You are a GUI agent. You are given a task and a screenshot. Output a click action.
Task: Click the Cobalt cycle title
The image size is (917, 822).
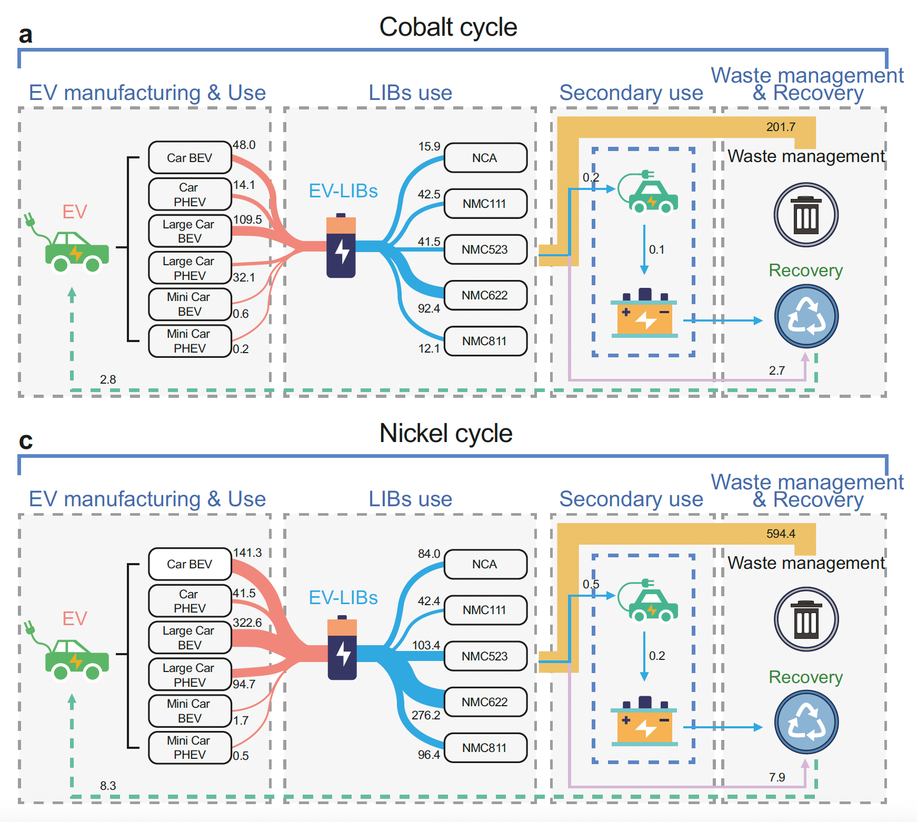coord(448,27)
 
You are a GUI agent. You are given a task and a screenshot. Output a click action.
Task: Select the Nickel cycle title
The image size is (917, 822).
coord(446,434)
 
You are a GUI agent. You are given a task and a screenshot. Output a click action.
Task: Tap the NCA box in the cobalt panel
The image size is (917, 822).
coord(485,158)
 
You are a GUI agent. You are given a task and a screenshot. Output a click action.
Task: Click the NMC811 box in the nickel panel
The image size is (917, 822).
coord(485,748)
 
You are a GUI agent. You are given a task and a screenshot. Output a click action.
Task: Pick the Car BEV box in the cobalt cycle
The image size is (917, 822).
coord(190,158)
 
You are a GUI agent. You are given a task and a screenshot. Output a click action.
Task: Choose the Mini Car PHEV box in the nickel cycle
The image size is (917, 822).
coord(190,748)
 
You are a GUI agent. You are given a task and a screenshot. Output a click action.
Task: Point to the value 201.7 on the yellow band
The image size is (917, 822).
coord(781,127)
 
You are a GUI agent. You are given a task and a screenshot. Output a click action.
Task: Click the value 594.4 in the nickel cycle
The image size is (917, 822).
coord(781,534)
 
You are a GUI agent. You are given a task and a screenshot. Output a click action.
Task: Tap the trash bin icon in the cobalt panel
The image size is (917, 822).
coord(806,215)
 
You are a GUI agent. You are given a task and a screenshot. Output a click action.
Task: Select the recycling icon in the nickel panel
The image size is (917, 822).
coord(806,723)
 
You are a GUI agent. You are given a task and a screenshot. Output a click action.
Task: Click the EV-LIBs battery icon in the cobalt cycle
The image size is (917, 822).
coord(341,246)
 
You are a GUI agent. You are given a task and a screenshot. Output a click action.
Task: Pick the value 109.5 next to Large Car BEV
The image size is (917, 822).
coord(247,219)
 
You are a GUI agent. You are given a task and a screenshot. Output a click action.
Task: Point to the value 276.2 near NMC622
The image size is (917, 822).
coord(426,716)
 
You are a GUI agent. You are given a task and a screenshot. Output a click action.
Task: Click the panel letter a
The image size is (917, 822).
coord(25,35)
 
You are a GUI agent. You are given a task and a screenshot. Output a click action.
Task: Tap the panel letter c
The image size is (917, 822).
coord(25,441)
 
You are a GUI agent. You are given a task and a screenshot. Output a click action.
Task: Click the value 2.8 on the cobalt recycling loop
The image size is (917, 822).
coord(108,379)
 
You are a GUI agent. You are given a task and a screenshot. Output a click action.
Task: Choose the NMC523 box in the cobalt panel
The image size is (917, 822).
coord(485,249)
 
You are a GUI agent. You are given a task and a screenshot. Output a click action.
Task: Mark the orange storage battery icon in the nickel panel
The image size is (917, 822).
coord(644,722)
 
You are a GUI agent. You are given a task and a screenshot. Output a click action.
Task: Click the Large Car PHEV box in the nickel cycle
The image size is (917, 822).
coord(190,675)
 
